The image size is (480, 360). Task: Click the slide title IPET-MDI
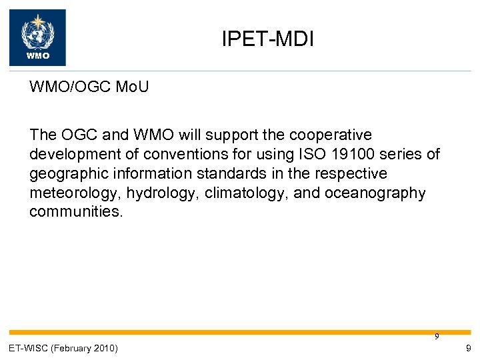tap(267, 39)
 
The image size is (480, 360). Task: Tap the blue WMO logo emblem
tap(37, 37)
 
